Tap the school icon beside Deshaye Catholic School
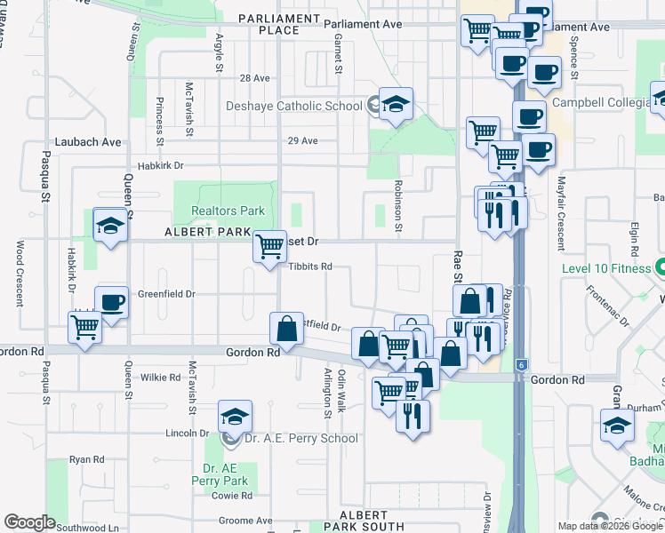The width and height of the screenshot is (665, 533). (x=395, y=104)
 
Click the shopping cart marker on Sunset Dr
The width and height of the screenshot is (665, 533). (x=269, y=246)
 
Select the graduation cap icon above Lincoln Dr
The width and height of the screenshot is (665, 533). (x=235, y=416)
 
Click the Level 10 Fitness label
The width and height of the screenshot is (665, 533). (x=606, y=266)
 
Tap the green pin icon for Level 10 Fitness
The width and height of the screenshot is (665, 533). (x=660, y=266)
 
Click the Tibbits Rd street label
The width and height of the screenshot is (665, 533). (x=309, y=266)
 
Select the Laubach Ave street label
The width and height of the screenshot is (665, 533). (x=87, y=141)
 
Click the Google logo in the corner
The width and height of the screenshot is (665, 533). (x=29, y=522)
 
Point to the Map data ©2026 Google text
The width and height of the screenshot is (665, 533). (x=610, y=526)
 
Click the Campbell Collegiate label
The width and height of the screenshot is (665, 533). (x=601, y=102)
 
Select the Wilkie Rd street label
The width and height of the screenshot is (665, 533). (x=161, y=377)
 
